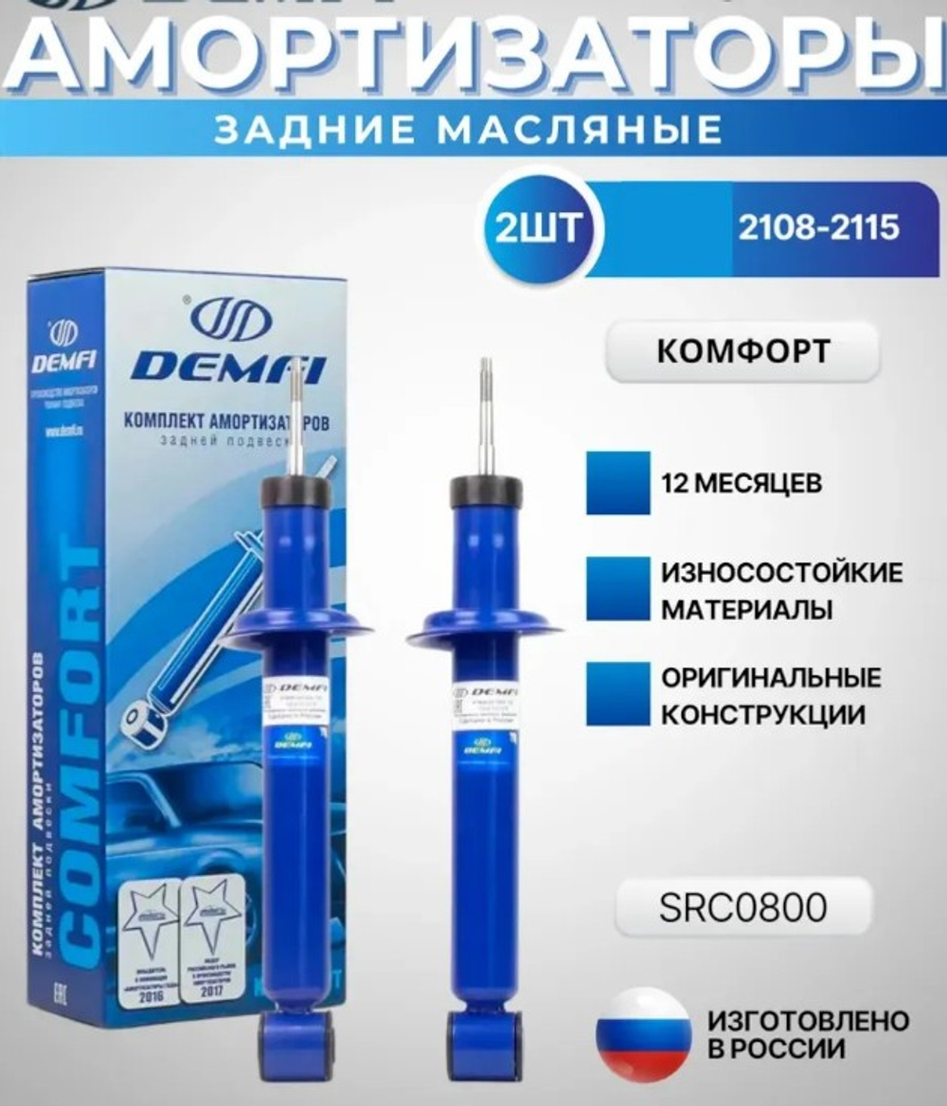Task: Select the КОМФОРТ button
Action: point(742,351)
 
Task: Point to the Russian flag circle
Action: point(644,1035)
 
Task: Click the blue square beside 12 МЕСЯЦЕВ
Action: point(617,483)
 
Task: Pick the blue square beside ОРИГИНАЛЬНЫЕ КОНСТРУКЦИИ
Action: point(617,694)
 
